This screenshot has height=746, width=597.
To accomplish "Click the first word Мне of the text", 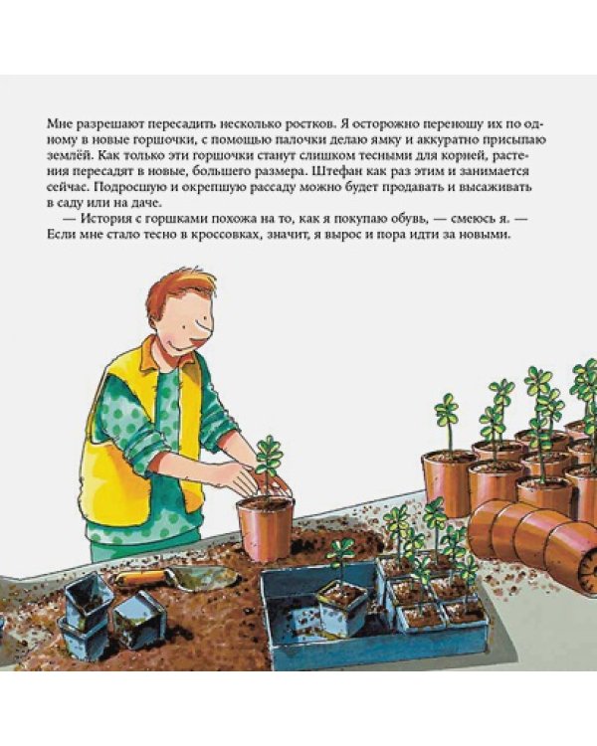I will coord(60,123).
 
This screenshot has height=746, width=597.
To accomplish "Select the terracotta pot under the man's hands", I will coord(266,527).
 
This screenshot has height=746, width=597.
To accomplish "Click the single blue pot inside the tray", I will coord(341,607).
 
